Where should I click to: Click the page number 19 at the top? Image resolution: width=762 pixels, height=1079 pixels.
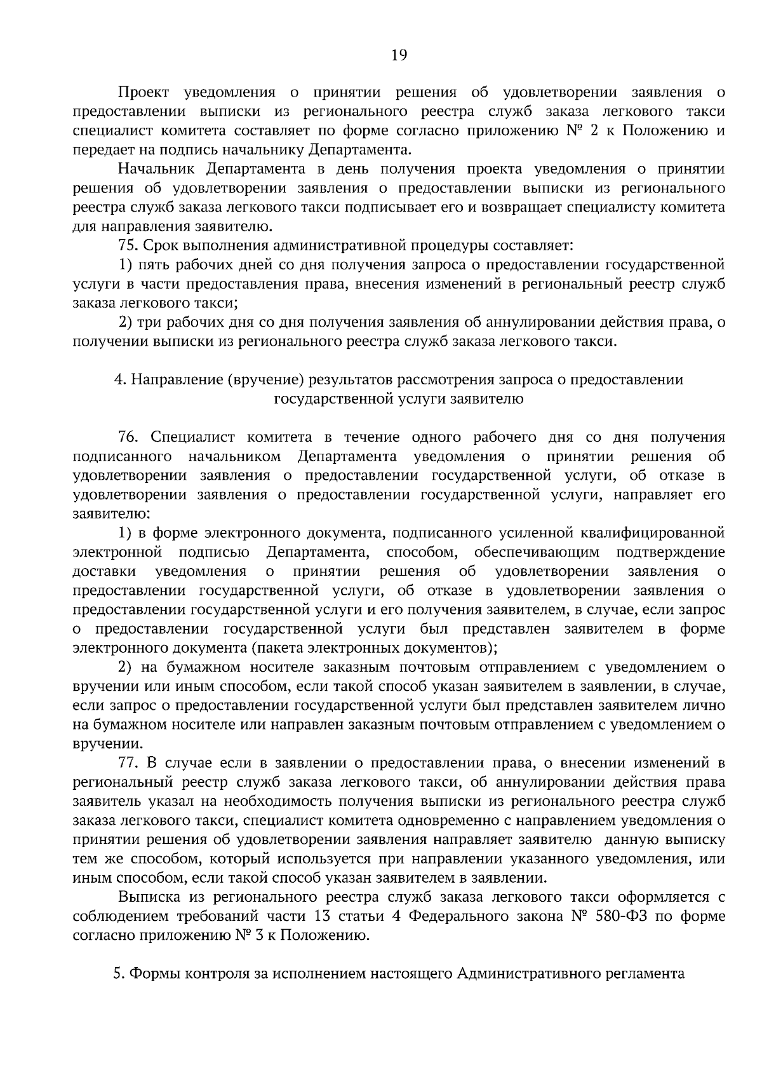click(x=399, y=55)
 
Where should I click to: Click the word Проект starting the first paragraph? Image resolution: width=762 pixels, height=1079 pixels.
click(x=144, y=93)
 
